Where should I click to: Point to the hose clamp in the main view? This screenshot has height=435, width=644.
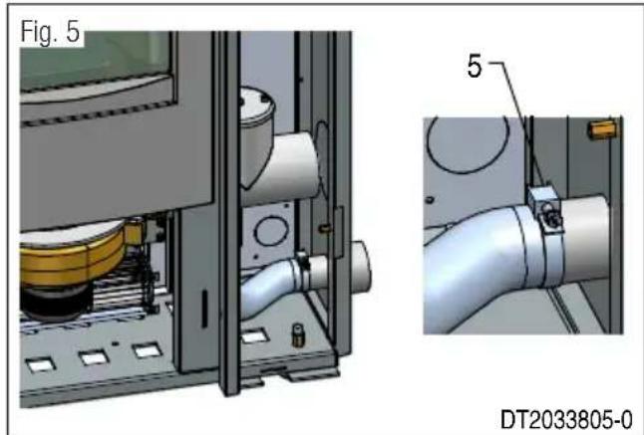[x=301, y=266]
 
